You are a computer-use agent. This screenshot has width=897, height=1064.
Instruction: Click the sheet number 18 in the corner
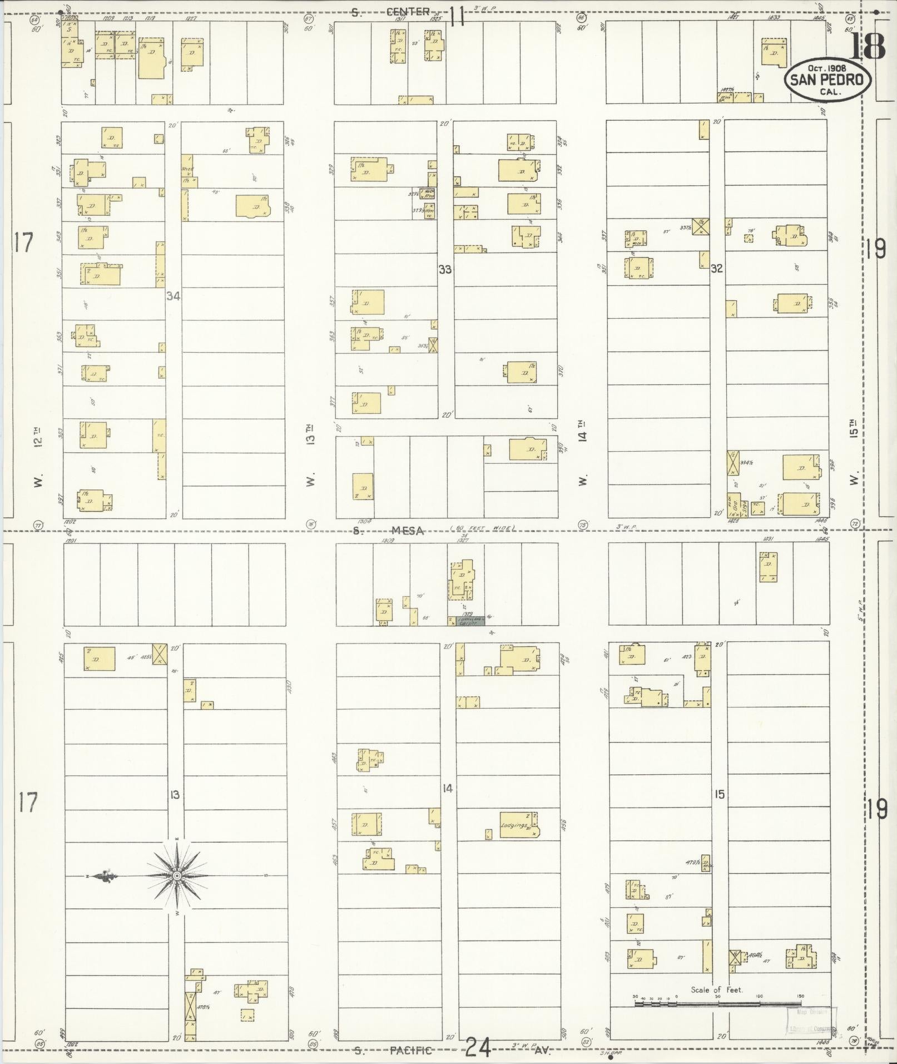[x=867, y=46]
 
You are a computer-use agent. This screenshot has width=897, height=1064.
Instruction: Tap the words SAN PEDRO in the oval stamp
[x=827, y=80]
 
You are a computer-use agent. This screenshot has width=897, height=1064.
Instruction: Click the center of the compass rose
[x=177, y=876]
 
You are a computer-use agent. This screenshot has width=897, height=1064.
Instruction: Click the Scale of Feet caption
[x=717, y=989]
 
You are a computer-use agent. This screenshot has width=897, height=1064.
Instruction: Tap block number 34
[x=173, y=296]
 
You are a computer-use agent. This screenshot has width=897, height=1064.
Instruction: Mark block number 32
[x=717, y=269]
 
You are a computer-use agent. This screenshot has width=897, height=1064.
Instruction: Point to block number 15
[x=720, y=794]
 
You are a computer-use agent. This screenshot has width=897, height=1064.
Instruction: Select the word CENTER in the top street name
[x=409, y=11]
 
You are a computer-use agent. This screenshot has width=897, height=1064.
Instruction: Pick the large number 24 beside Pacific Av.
[x=478, y=1048]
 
